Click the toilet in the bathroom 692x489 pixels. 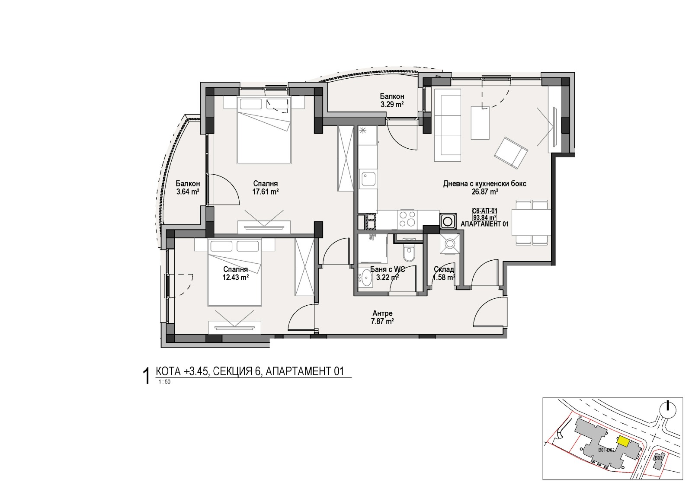point(408,252)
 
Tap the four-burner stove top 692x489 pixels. point(407,219)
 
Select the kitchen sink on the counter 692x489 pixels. point(368,179)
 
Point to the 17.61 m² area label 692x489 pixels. point(265,192)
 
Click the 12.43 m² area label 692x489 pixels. point(235,278)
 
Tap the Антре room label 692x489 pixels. point(382,313)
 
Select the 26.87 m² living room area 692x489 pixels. point(484,192)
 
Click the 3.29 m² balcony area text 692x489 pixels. point(392,105)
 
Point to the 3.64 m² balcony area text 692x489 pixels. point(188,192)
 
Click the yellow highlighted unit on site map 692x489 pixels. point(622,441)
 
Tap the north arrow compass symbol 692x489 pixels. point(668,409)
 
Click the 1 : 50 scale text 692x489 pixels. point(165,382)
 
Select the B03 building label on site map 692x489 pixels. point(658,458)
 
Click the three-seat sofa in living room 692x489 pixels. point(447,125)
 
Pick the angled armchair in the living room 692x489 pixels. point(511,153)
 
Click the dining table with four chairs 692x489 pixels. point(531,222)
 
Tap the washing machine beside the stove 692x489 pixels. point(447,221)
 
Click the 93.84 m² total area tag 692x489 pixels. point(484,217)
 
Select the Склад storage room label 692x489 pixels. point(444,269)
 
